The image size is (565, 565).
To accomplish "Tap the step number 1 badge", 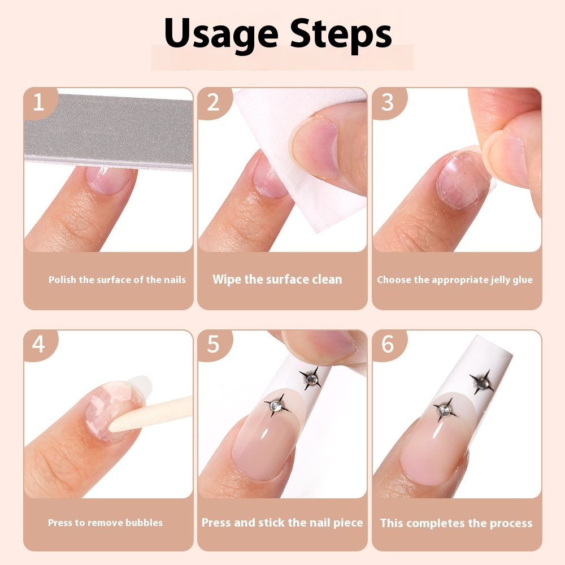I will [x=38, y=103].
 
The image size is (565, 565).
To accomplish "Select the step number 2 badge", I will [x=213, y=103].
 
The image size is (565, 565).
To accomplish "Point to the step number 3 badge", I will [x=388, y=103].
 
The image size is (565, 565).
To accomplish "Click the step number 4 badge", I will [x=38, y=345].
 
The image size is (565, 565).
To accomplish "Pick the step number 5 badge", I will [x=213, y=345].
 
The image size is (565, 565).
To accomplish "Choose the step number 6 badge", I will [x=388, y=345].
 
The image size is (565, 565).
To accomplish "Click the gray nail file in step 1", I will [x=107, y=130].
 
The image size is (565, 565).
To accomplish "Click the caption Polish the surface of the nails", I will [x=117, y=280].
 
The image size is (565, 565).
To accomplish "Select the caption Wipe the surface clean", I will [x=277, y=279].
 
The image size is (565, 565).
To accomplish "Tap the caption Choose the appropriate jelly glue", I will [x=455, y=280].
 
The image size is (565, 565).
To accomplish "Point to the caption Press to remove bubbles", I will [x=105, y=523].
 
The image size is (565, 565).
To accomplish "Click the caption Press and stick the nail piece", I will [x=282, y=523].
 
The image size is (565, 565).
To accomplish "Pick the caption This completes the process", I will [x=456, y=523].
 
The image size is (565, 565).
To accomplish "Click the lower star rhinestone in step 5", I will [x=277, y=405].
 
